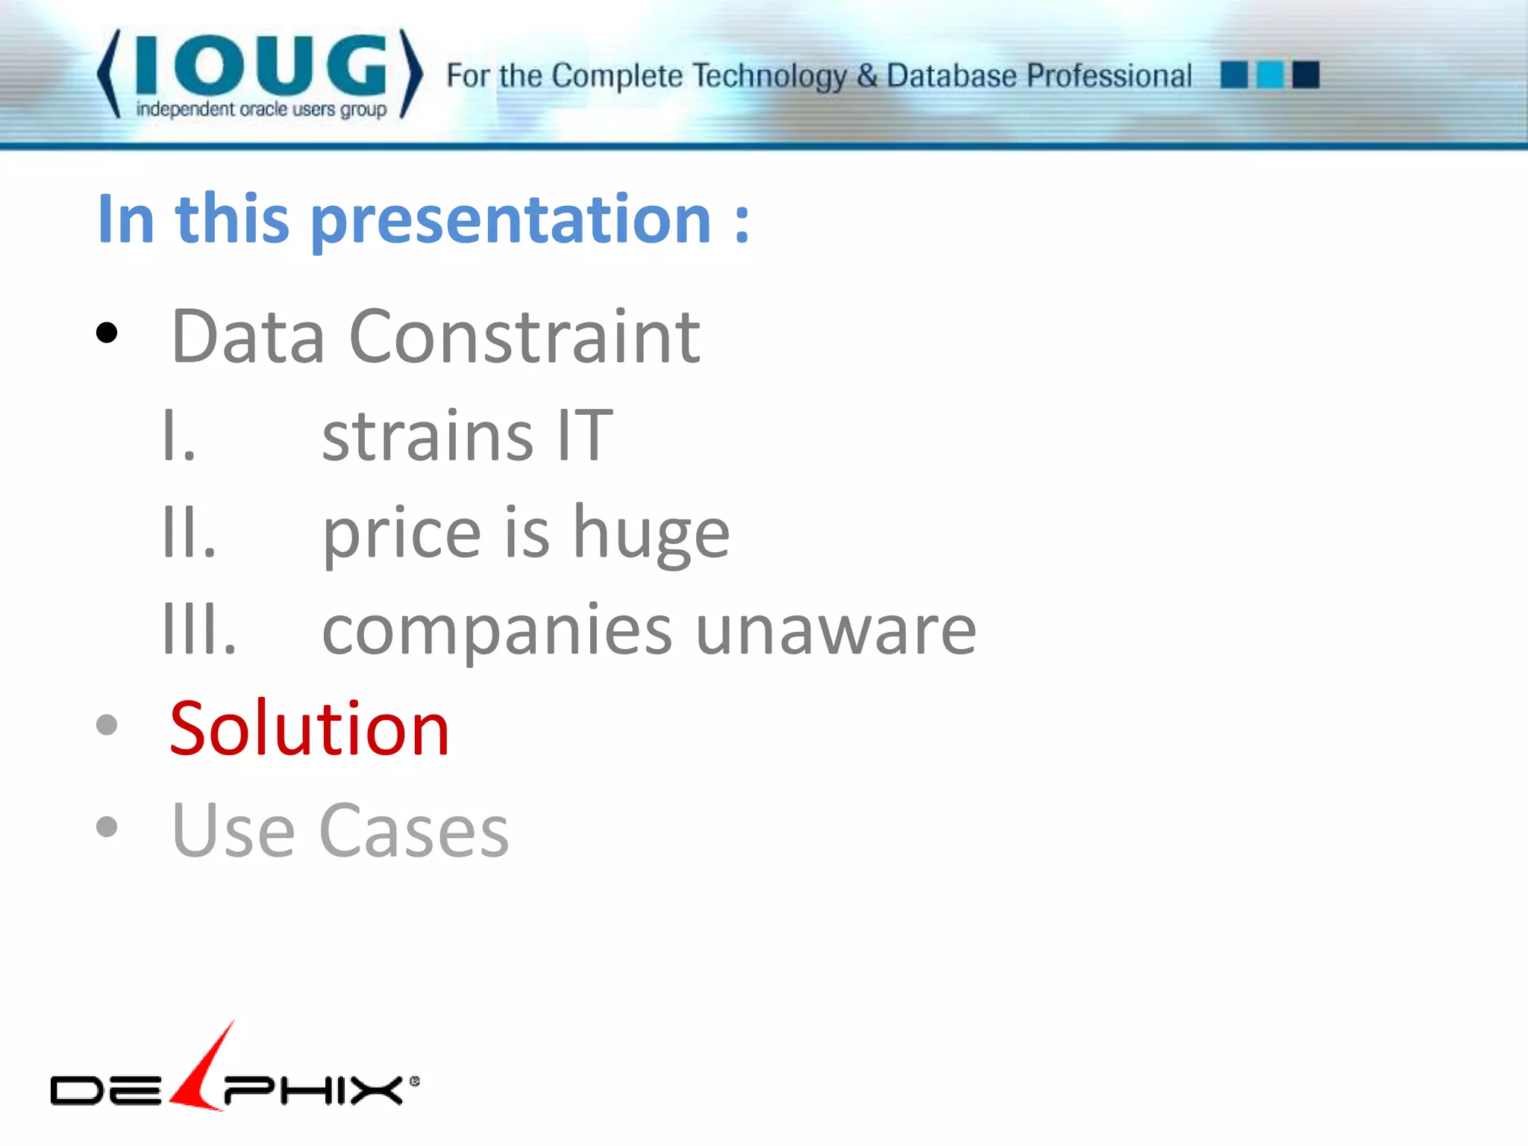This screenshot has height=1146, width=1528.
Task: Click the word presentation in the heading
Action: point(511,220)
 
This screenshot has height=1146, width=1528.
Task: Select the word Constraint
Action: point(524,337)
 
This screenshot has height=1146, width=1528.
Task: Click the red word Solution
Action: point(309,729)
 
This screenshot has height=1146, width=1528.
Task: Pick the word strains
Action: point(428,436)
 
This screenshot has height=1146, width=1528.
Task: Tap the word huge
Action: point(651,534)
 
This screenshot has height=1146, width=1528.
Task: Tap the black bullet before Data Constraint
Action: point(107,333)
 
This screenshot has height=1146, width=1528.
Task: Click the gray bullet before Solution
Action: point(107,724)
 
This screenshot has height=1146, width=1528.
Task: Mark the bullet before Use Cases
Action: point(107,827)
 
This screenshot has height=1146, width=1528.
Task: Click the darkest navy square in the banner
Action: point(1306,75)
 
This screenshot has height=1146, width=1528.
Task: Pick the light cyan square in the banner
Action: point(1270,75)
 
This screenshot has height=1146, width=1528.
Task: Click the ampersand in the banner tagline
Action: point(866,76)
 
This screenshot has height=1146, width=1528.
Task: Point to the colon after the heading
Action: point(741,223)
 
